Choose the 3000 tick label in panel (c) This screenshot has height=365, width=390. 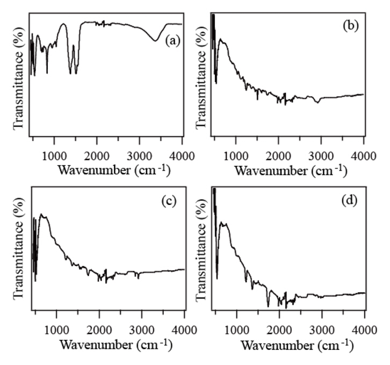coord(142,328)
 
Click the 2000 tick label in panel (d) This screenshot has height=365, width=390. coord(279,328)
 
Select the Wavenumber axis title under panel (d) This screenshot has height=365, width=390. coord(293,343)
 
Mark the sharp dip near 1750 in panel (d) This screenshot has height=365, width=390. coord(268,306)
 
